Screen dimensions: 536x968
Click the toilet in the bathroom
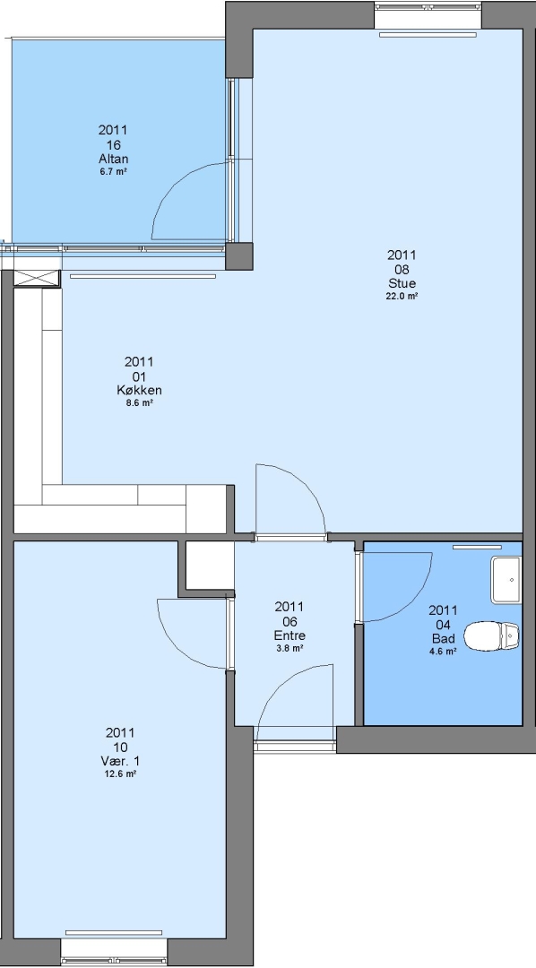coord(491,635)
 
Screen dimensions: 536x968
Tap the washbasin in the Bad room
coord(506,580)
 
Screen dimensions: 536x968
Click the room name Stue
coord(402,283)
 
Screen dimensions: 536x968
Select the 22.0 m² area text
coord(402,296)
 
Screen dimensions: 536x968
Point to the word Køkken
coord(139,390)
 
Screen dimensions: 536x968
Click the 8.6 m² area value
coord(139,403)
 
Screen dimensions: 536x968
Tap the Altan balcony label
coord(114,159)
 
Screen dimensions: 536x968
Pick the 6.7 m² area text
coord(114,171)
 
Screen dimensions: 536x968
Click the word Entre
coord(290,635)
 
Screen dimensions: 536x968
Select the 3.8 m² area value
coord(290,648)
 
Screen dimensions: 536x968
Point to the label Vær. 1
coord(120,761)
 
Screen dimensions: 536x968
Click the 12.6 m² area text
coord(120,774)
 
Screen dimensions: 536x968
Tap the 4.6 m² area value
coord(444,652)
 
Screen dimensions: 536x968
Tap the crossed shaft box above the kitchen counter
coord(37,279)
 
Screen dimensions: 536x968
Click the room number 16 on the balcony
coord(114,145)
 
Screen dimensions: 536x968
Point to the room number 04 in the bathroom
coord(444,625)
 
